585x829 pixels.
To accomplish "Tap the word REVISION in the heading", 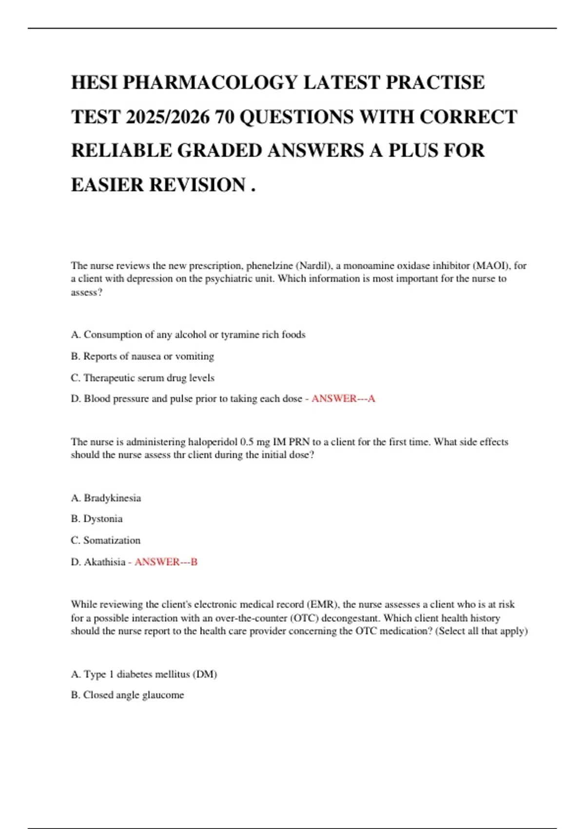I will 197,185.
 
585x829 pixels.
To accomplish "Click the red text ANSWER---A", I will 343,399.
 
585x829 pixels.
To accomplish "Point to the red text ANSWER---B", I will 166,562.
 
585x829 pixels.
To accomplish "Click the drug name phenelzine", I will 269,266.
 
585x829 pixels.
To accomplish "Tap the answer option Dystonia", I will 103,519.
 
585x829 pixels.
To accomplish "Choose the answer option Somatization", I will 112,540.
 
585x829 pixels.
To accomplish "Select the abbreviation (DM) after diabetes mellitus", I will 205,674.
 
